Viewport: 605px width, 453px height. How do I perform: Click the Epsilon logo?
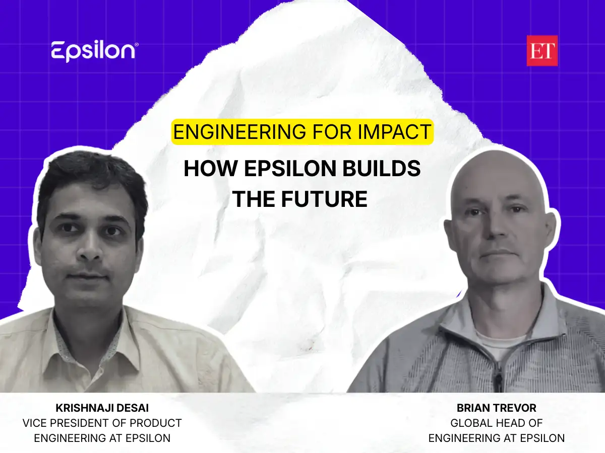pos(94,52)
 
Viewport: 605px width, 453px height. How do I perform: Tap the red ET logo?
pos(542,51)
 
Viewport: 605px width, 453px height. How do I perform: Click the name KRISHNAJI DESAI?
pos(102,408)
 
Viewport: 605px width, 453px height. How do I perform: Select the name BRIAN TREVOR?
pos(496,408)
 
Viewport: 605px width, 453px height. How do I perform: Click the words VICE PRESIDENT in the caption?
pos(71,423)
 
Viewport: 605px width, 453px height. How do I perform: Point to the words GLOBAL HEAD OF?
pos(496,423)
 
